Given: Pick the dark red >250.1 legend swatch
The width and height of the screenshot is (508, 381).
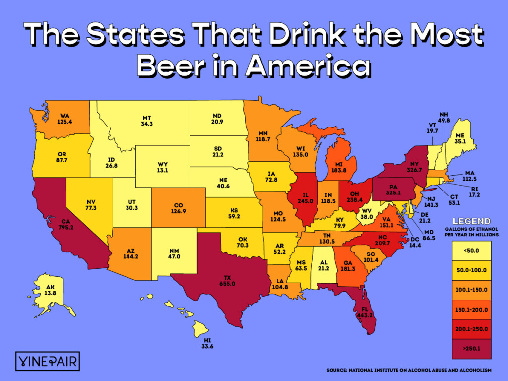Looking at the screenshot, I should (471, 348).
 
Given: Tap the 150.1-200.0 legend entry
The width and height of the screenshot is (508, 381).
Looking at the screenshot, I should (471, 310).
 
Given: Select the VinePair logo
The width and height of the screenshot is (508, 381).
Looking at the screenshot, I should (48, 361).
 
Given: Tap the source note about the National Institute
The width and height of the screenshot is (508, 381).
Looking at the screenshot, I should (409, 370).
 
